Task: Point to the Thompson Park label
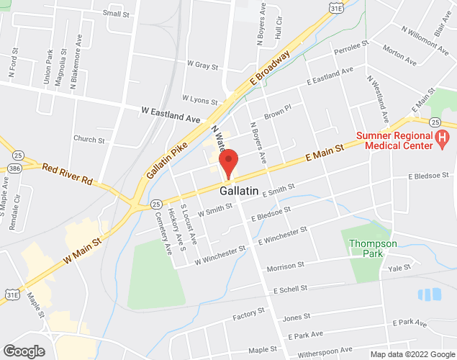coord(373,248)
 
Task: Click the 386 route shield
coord(14,168)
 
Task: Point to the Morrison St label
coord(286,266)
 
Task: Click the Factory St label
coord(250,315)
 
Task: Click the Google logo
coord(23,351)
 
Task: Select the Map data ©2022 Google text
coord(412,354)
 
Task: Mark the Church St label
coord(89,140)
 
